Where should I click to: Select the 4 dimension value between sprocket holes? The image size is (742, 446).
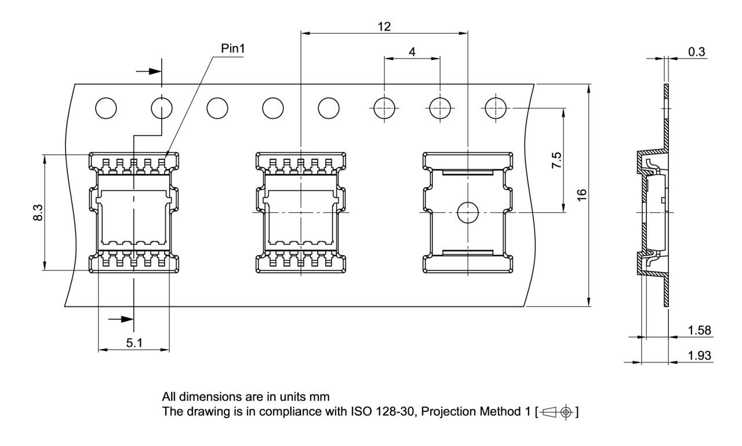tap(412, 52)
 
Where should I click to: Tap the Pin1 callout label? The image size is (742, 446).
tap(233, 49)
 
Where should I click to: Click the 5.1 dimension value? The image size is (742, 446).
tap(134, 343)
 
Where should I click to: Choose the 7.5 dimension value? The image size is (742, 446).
tap(556, 160)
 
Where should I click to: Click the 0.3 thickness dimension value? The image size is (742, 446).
tap(696, 52)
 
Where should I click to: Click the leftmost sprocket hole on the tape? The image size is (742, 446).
tap(106, 108)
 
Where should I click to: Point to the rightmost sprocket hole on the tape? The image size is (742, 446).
tap(495, 108)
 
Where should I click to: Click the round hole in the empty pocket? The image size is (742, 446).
tap(467, 213)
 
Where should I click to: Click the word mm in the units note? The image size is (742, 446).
tap(322, 397)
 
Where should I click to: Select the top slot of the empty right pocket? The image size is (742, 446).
tap(467, 172)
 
